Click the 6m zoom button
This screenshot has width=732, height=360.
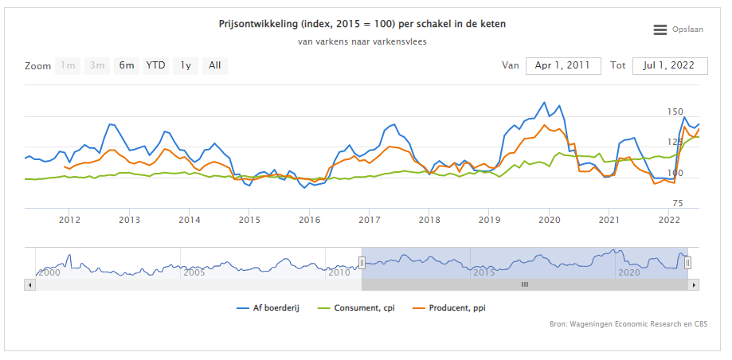pos(127,65)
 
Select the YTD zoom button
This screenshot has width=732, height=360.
pos(155,65)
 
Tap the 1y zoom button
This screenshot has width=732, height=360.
pos(186,65)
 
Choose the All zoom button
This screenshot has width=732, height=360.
pos(215,65)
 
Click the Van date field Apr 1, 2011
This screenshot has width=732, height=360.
pos(563,65)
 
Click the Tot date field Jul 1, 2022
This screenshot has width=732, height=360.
pos(670,65)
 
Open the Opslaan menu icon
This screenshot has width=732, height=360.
pos(660,29)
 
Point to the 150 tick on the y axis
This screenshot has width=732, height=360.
pos(675,112)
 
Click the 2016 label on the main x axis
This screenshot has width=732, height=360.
pos(309,220)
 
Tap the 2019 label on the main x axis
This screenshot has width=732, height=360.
pos(489,220)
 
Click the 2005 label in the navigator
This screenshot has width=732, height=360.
pos(194,272)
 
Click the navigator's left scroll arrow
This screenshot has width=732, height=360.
pos(29,284)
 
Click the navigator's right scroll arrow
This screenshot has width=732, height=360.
pos(694,284)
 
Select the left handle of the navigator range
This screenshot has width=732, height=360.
pos(362,262)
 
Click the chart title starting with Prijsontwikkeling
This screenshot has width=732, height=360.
pos(362,24)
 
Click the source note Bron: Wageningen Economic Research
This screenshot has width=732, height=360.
pos(628,324)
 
